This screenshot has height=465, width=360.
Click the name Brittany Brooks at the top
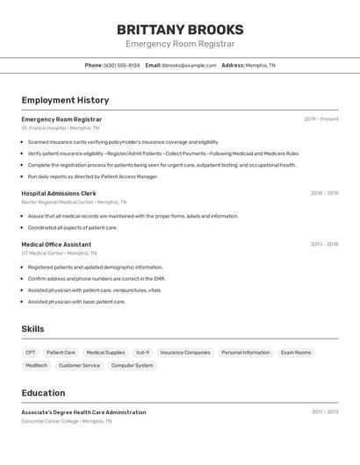[180, 29]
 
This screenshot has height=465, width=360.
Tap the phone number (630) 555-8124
[121, 66]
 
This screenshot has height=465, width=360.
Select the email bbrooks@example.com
[189, 66]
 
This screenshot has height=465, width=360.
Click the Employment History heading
[65, 101]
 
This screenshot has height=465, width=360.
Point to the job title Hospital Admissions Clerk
[59, 193]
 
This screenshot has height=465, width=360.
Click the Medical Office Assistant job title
[56, 244]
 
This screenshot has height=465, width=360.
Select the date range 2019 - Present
[320, 119]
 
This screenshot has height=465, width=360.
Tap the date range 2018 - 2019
[324, 193]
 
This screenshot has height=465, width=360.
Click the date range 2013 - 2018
[324, 244]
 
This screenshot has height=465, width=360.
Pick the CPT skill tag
[31, 353]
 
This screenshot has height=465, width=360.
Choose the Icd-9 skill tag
[142, 353]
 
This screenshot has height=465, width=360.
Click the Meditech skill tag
[36, 366]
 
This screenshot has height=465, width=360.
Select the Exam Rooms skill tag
[296, 353]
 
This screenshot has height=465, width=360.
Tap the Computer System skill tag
[132, 366]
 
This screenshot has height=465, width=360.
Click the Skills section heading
[32, 329]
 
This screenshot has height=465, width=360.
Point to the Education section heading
[43, 393]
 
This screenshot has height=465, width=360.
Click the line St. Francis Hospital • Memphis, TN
[61, 128]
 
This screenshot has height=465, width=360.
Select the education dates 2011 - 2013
[324, 411]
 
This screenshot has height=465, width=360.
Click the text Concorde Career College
[50, 421]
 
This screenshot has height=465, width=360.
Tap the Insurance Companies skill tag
[185, 353]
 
